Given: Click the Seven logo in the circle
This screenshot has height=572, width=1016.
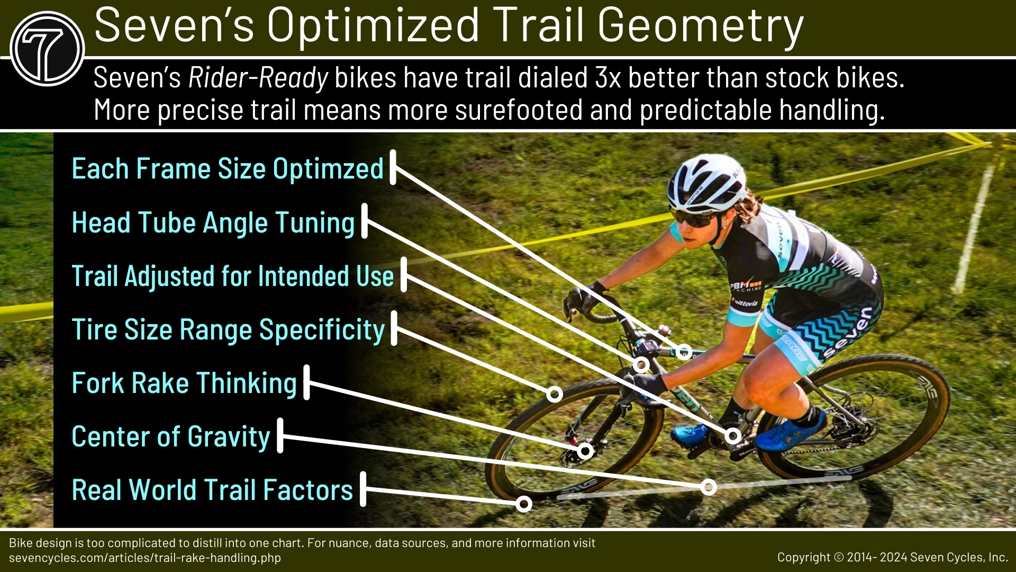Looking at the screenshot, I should point(47,49).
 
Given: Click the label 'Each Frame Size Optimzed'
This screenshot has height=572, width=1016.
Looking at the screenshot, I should point(228,169).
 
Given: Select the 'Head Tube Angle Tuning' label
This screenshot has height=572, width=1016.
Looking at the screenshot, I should point(213,222).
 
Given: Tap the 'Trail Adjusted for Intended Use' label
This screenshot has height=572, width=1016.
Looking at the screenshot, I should point(232,276).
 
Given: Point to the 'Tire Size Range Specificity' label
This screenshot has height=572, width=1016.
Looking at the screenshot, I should point(228,329).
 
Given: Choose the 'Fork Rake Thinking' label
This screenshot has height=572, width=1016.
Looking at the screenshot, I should point(184,383).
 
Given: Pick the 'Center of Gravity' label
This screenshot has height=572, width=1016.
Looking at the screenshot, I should point(171,436).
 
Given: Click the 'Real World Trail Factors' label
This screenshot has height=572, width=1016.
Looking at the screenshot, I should point(212,490).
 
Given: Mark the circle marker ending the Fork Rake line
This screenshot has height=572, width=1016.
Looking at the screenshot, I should point(585,451).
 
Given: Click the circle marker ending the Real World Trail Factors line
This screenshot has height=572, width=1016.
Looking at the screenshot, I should point(524,504).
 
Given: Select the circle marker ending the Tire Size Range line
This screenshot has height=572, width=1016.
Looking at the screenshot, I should point(555,394).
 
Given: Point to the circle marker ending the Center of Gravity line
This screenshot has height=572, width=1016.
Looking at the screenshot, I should point(709,487).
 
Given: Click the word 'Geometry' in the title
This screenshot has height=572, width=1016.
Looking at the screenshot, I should point(701,25).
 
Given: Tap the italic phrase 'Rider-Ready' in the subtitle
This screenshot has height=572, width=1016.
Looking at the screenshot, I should point(258,78).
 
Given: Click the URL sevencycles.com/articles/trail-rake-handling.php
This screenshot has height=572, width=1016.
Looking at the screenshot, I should point(145,558).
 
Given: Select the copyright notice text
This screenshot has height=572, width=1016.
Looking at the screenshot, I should point(892,557).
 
